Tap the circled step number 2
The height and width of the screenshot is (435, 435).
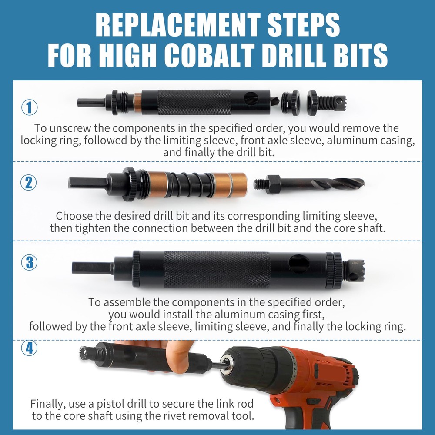(29, 182)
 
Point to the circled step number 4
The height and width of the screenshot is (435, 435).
(29, 348)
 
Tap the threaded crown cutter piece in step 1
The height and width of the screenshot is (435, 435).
(331, 103)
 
